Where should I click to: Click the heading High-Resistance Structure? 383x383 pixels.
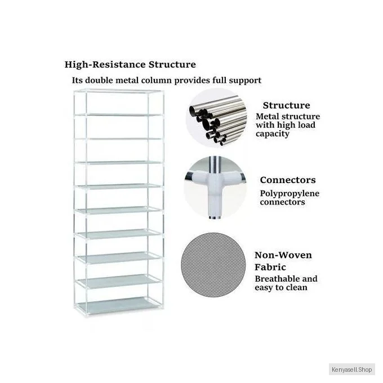point(130,65)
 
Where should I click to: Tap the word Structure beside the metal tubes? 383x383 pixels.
point(286,105)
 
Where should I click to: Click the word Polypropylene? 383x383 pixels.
point(289,193)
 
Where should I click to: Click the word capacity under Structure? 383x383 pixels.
point(273,134)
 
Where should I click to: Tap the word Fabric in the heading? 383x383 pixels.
point(270,267)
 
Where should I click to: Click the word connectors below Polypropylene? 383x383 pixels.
point(282,202)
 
